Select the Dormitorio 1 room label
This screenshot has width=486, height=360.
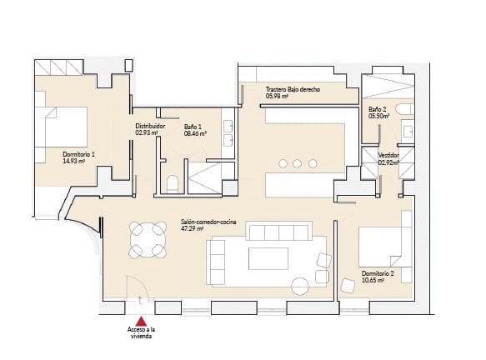pyautogui.click(x=78, y=154)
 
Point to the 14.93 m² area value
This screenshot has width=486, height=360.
pyautogui.click(x=76, y=162)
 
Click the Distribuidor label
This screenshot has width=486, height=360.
pyautogui.click(x=150, y=126)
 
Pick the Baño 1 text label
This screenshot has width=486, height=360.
pyautogui.click(x=193, y=126)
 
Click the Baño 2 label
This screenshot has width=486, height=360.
pyautogui.click(x=377, y=109)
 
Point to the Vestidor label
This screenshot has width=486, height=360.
pyautogui.click(x=388, y=155)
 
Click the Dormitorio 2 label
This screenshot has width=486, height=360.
pyautogui.click(x=378, y=273)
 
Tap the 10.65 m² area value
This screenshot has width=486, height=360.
pyautogui.click(x=373, y=281)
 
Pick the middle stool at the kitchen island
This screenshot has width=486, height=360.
pyautogui.click(x=298, y=162)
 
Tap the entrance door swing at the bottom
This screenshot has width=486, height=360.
pyautogui.click(x=137, y=288)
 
